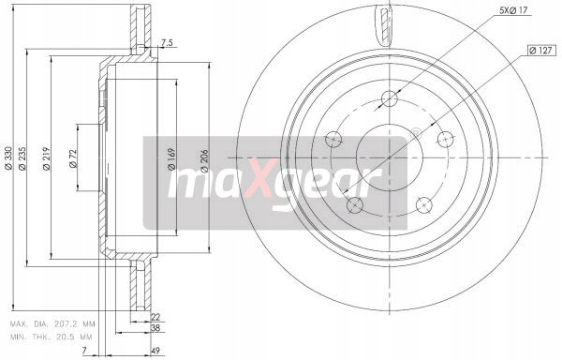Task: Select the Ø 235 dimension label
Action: click(22, 158)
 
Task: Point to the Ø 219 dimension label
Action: click(46, 158)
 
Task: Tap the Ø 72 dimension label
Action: click(73, 158)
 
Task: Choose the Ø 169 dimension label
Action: click(171, 158)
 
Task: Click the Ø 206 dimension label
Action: click(204, 161)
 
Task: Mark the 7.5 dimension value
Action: click(167, 43)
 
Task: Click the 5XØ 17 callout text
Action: click(513, 10)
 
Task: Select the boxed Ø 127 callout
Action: click(541, 51)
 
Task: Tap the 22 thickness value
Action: click(155, 317)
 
